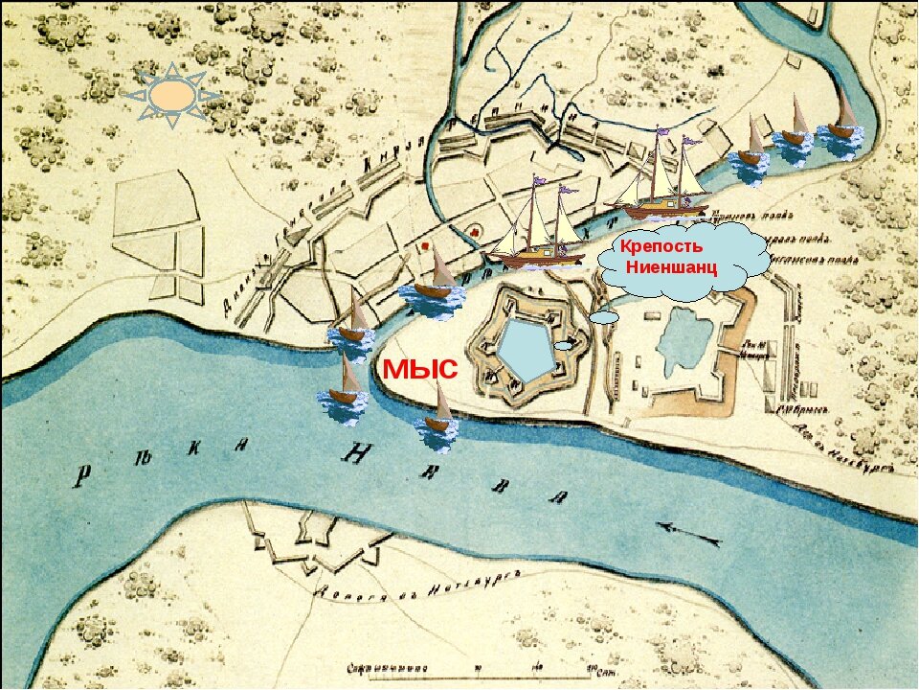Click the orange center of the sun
tap(171, 95)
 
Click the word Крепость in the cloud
tap(661, 246)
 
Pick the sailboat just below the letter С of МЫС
tap(438, 415)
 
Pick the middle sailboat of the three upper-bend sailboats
tap(794, 124)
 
